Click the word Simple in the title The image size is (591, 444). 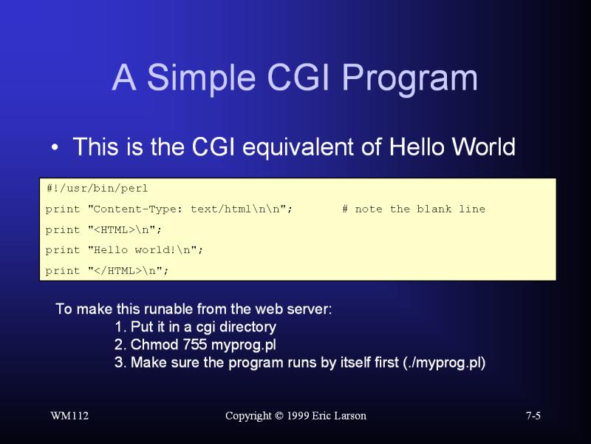tap(201, 79)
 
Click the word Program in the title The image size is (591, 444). tap(410, 79)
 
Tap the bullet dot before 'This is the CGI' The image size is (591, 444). tap(55, 147)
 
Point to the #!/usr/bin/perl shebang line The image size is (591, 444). tap(97, 189)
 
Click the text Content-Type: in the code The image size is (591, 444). tap(137, 209)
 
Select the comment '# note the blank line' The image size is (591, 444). tap(414, 209)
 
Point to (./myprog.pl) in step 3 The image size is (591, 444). tap(444, 363)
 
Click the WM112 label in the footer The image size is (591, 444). tap(69, 416)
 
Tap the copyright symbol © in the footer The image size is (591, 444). tap(279, 416)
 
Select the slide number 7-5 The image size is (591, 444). tap(533, 416)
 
